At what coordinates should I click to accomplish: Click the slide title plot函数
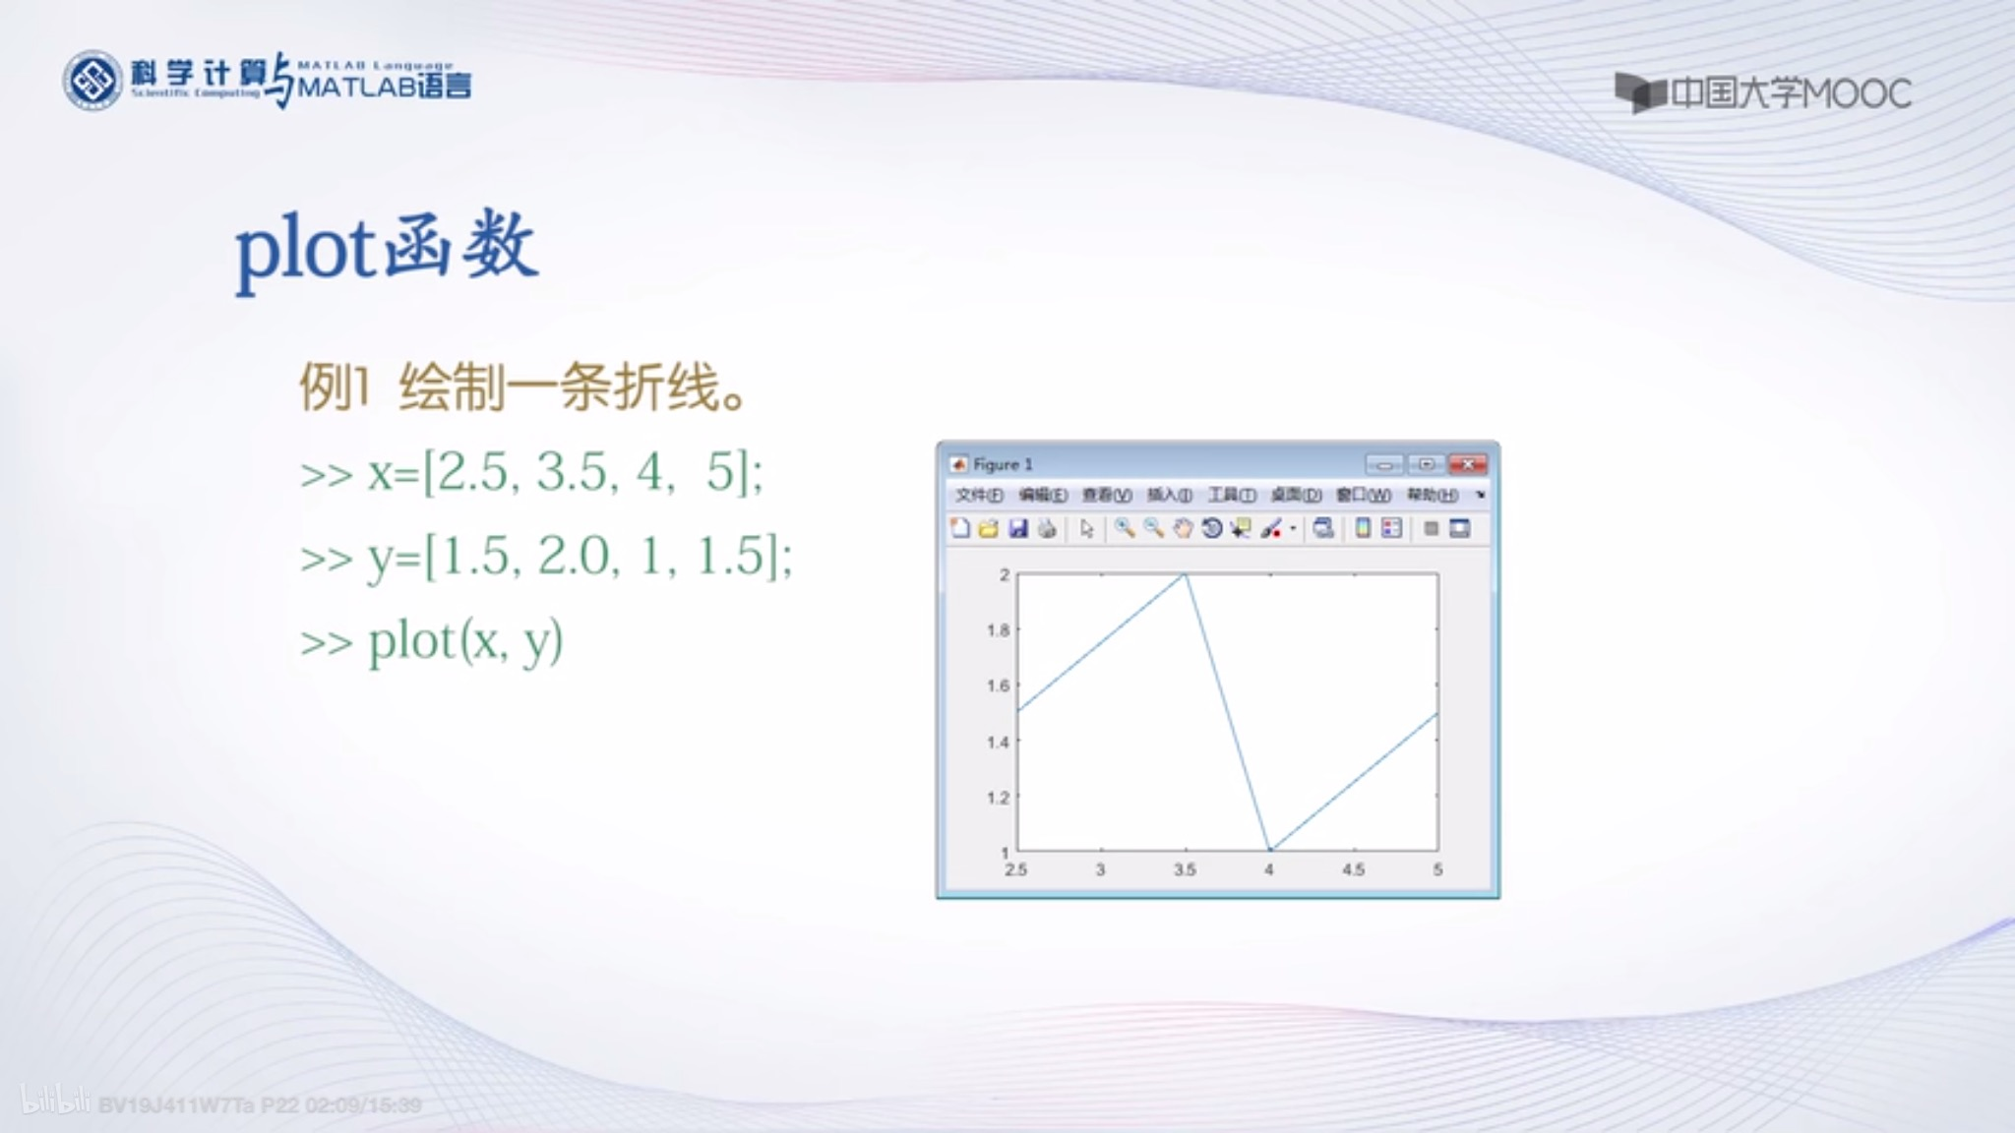tap(386, 248)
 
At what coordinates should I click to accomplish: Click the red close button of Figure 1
tap(1467, 464)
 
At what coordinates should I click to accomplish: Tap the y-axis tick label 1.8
tap(998, 629)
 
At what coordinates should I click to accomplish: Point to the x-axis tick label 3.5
tap(1185, 869)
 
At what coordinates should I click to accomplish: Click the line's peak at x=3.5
tap(1186, 574)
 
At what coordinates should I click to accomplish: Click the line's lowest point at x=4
tap(1270, 849)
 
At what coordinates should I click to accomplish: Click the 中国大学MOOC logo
tap(1762, 93)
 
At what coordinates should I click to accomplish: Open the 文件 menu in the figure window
tap(978, 495)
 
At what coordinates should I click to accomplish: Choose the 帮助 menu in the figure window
tap(1432, 495)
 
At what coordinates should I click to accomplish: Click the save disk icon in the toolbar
tap(1018, 529)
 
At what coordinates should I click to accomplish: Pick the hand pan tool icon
tap(1183, 529)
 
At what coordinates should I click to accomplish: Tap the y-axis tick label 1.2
tap(998, 798)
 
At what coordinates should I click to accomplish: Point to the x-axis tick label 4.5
tap(1353, 869)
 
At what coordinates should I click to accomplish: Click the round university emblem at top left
tap(92, 81)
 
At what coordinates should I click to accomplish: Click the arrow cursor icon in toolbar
tap(1086, 529)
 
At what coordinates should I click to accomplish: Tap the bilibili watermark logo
tap(54, 1102)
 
